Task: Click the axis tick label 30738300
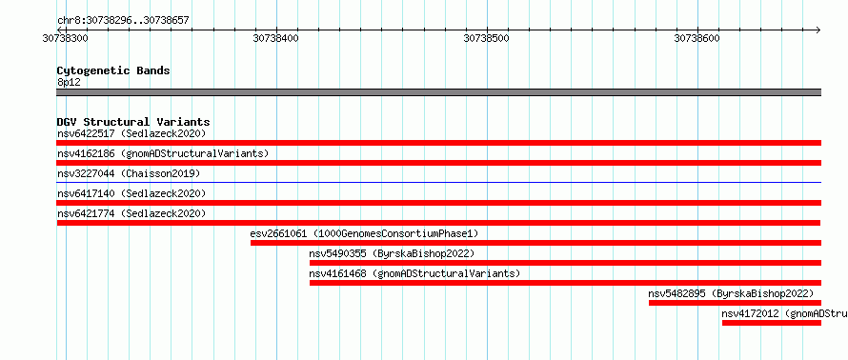tap(66, 38)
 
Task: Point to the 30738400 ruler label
tap(275, 38)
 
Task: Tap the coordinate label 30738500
tap(487, 38)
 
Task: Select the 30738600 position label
tap(697, 38)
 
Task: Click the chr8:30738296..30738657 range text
tap(123, 21)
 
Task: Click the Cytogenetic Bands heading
tap(113, 70)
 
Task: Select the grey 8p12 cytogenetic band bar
tap(439, 92)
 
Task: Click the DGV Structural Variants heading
tap(133, 122)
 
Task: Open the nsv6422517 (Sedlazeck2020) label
tap(131, 133)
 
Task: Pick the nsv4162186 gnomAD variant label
tap(163, 153)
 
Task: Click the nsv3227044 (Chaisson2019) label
tap(129, 173)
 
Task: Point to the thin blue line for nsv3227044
tap(439, 183)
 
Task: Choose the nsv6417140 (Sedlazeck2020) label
tap(131, 193)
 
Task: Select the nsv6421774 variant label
tap(131, 213)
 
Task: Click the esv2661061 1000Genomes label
tap(365, 233)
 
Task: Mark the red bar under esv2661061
tap(535, 243)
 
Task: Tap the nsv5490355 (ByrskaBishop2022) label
tap(392, 253)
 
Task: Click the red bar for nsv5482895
tap(735, 303)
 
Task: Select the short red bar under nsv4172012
tap(772, 323)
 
